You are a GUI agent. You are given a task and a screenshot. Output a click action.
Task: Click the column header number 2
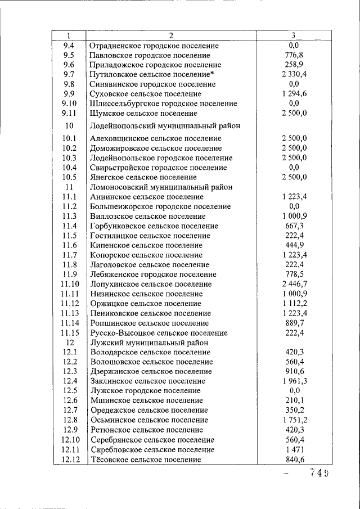[x=171, y=35]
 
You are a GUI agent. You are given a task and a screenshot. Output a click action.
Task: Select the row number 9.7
[x=69, y=74]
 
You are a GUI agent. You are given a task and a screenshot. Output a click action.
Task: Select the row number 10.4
[x=69, y=167]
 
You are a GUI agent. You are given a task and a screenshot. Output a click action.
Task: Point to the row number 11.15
[x=69, y=333]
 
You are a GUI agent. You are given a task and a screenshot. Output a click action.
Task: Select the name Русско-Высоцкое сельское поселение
[x=159, y=333]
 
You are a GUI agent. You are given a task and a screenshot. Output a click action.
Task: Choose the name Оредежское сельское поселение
[x=149, y=410]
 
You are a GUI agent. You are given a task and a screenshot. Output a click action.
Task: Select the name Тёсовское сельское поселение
[x=146, y=460]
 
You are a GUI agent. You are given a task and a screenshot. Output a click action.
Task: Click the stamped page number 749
[x=318, y=473]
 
